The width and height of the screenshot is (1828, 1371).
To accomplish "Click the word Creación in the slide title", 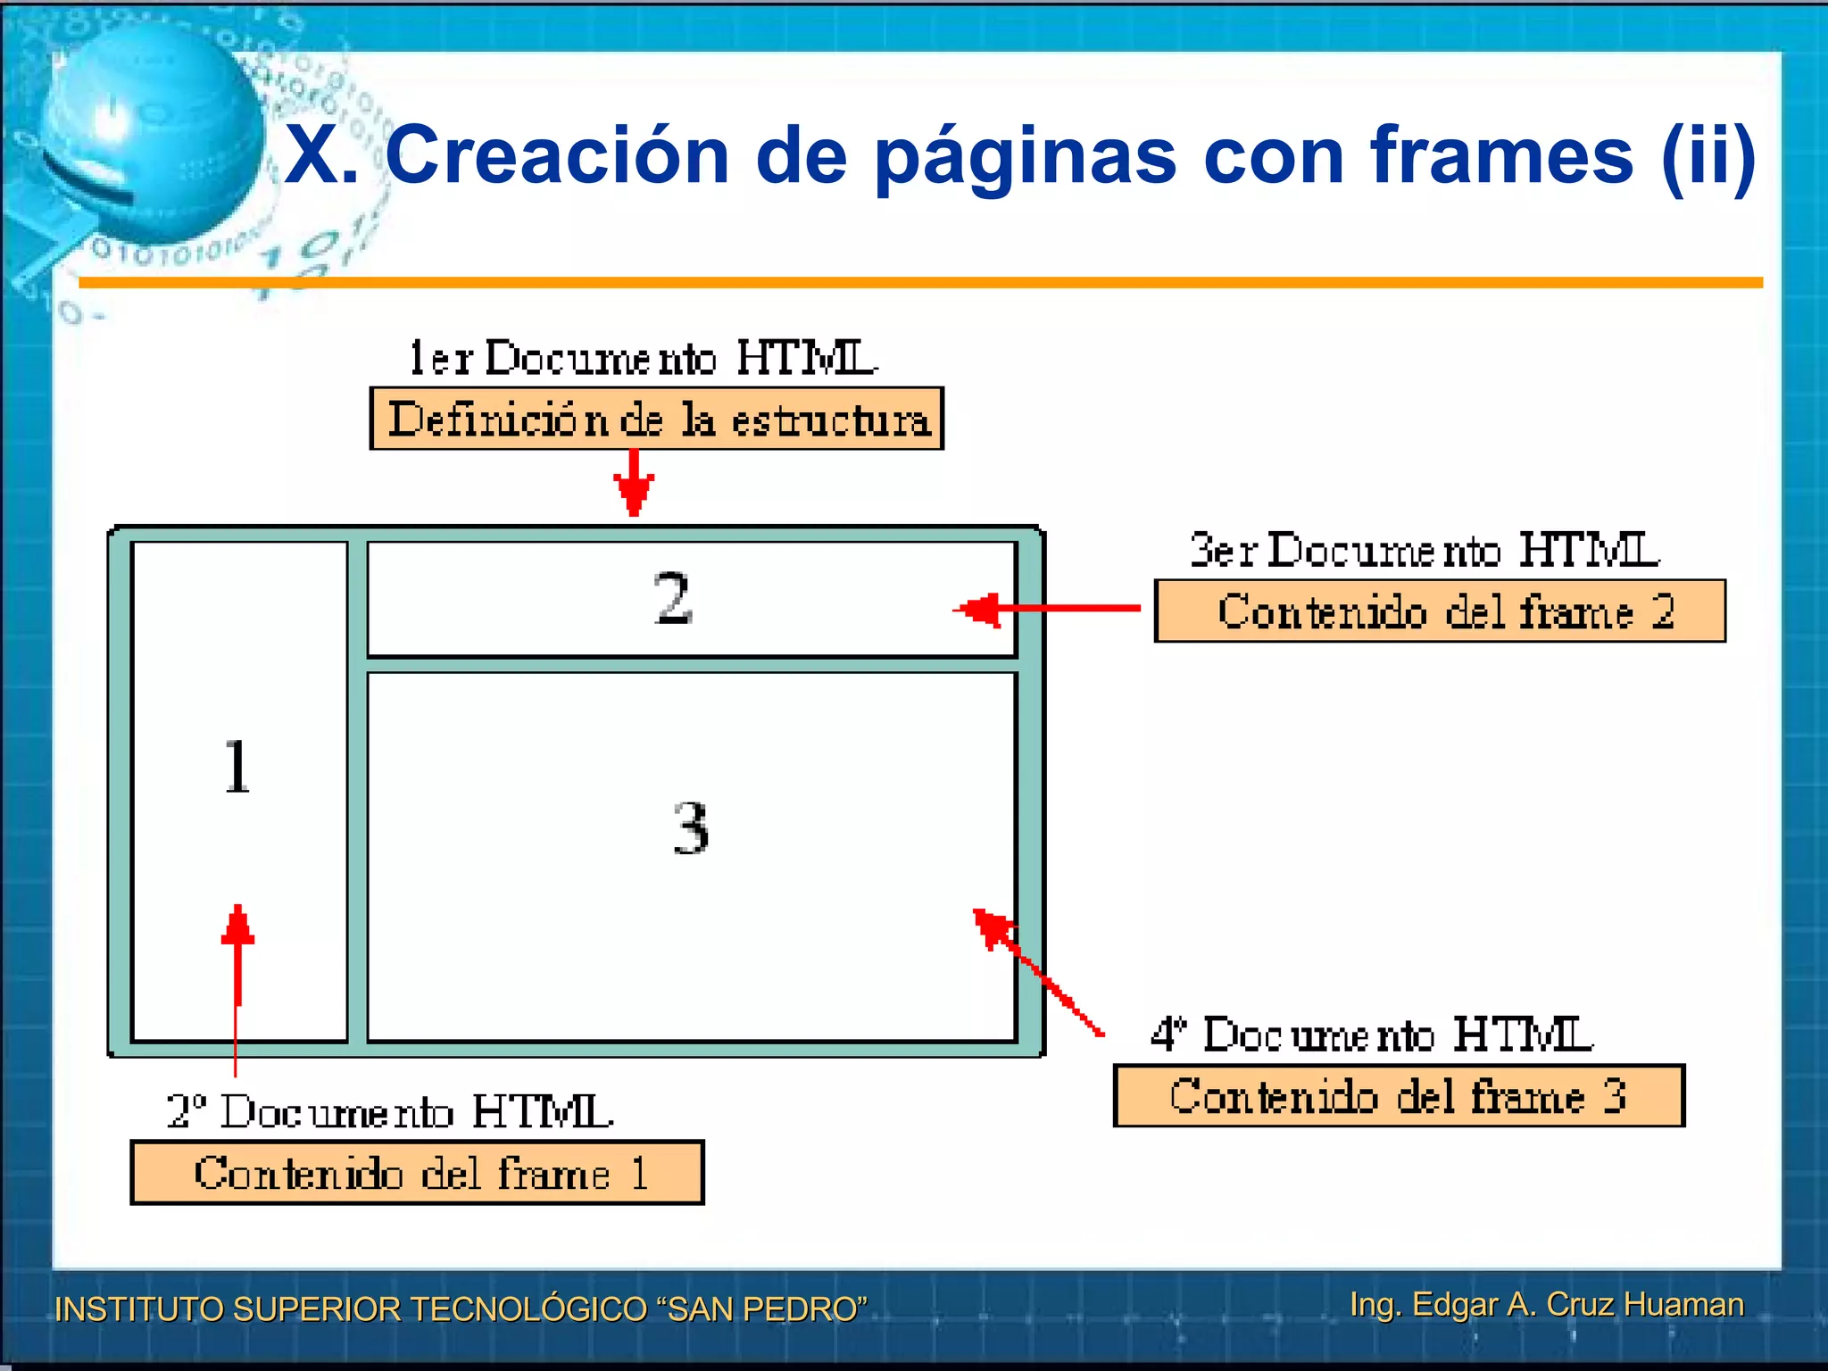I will point(557,155).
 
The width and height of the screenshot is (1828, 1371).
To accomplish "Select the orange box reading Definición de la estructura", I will point(657,419).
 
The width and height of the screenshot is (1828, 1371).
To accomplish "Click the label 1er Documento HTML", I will point(643,358).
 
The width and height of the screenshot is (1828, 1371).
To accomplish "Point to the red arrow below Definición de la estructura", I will point(634,483).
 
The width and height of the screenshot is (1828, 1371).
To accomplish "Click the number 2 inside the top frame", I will point(673,599).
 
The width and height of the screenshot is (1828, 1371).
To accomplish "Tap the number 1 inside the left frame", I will point(237,767).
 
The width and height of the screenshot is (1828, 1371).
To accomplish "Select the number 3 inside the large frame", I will point(691,828).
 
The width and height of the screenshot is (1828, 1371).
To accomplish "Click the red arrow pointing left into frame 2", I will point(1044,610).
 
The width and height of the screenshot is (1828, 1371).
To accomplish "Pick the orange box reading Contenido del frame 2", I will point(1440,611).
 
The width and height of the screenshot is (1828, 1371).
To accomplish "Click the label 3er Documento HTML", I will point(1425,550).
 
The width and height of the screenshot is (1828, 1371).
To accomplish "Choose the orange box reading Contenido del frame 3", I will point(1399,1096).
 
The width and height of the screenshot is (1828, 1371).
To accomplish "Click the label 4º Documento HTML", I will point(1372,1035).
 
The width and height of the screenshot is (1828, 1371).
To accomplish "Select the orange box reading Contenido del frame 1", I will point(417,1173).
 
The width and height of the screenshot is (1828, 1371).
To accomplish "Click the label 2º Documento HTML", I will point(390,1112).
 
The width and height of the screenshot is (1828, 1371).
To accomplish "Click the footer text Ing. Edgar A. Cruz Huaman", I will point(1547,1304).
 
